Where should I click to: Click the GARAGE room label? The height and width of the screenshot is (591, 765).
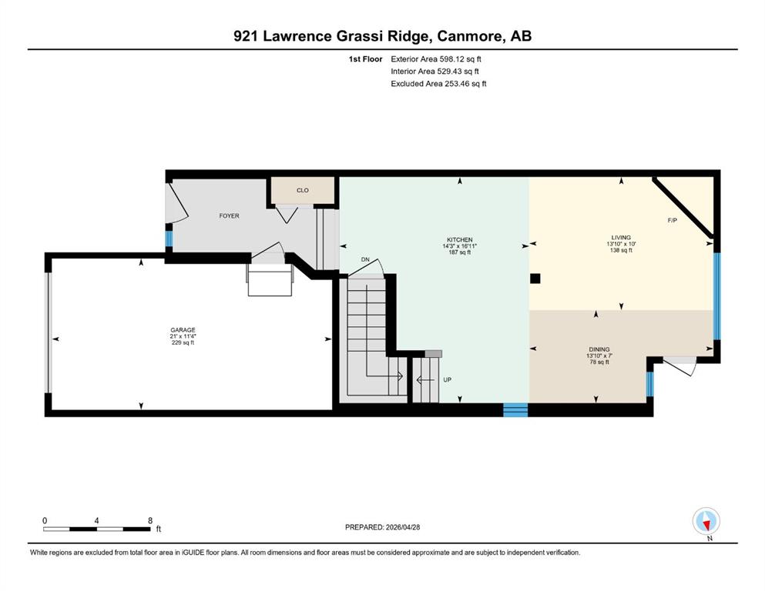coord(183,330)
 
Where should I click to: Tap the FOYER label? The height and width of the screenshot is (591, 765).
coord(230,215)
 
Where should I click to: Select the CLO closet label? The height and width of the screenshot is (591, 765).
coord(303,191)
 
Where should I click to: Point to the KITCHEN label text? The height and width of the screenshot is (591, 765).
coord(460,240)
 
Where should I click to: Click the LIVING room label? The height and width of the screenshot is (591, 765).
coord(621,238)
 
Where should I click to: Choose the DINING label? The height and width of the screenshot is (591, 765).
coord(599,349)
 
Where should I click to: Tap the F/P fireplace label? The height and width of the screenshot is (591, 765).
coord(673,220)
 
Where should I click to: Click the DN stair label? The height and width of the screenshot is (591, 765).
coord(365,259)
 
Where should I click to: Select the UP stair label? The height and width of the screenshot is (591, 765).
coord(448,379)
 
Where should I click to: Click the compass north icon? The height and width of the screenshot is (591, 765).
coord(706,521)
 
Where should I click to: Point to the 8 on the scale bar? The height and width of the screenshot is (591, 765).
coord(150,520)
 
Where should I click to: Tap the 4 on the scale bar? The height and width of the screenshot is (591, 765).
coord(96,520)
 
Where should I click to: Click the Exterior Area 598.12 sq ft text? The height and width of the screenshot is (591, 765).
coord(436,59)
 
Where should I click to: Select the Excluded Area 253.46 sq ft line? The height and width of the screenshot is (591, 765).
coord(438,83)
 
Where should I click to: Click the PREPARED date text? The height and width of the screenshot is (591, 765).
coord(382,527)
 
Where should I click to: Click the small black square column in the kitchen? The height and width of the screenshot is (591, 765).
coord(535,279)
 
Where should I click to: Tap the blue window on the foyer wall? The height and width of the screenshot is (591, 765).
coord(169,239)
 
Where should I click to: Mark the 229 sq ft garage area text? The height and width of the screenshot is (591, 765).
coord(183,342)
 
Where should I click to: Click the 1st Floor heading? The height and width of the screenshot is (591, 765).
coord(365,59)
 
